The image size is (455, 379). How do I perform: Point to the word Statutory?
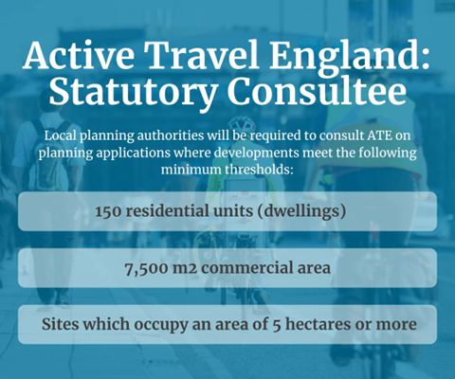(123, 95)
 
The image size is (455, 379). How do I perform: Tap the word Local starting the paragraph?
(60, 135)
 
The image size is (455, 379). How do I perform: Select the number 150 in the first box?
(110, 211)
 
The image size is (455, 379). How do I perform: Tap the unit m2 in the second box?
(200, 268)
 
